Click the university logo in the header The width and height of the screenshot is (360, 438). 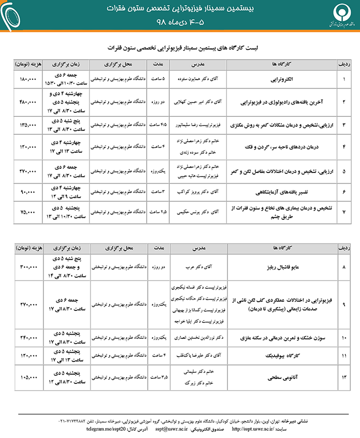(x=337, y=15)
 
